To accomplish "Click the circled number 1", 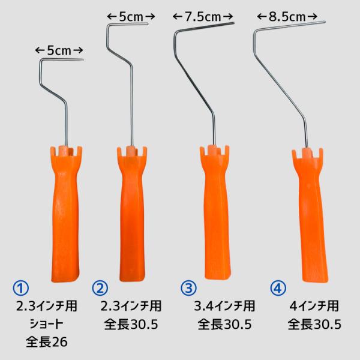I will pos(22,288).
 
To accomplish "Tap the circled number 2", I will pos(100,288).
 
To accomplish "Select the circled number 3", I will pos(188,288).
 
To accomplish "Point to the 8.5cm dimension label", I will pos(290,17).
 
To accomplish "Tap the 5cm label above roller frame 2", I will pos(127,17).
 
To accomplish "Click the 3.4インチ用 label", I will pos(224,307).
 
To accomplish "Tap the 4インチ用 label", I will pos(314,307).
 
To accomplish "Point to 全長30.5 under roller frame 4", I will pos(314,325).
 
